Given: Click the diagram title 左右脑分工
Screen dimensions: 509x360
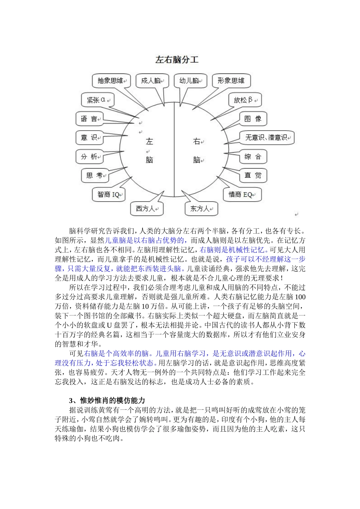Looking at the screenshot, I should (177, 60).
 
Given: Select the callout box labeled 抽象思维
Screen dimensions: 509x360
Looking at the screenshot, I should (111, 81).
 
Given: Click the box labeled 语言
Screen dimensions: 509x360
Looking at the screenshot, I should (89, 119).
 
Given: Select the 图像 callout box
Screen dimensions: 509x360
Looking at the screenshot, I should (253, 119).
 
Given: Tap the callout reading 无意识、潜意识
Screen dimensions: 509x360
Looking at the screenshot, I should (266, 137).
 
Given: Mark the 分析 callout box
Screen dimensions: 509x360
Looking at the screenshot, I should (89, 156).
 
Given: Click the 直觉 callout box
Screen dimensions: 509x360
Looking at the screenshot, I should (253, 175).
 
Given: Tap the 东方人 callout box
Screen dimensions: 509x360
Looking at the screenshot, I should (201, 208).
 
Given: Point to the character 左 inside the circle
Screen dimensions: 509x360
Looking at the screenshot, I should (149, 142).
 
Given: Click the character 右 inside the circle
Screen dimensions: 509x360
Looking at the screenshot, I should (196, 142).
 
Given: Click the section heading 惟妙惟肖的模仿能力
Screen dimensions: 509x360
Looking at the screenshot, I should (113, 401).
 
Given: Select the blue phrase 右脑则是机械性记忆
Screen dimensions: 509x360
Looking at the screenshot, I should (232, 250).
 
